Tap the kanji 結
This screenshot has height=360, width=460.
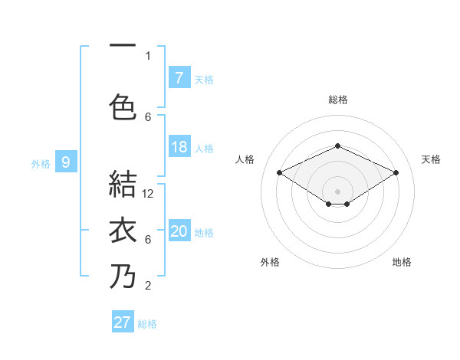123,185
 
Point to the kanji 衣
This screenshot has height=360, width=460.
123,232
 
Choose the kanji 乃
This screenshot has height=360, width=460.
123,277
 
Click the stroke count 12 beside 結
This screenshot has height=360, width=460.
149,194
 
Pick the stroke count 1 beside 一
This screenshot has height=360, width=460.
148,55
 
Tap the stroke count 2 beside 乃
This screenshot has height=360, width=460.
148,286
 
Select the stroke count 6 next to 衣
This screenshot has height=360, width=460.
148,240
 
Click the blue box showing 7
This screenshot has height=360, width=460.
179,77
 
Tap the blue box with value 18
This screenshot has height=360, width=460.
179,147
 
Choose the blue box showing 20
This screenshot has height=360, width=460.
179,231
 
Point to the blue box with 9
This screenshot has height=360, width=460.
66,162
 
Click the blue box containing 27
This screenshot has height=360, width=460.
123,322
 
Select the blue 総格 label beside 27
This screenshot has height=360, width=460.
147,324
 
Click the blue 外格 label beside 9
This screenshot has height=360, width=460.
41,163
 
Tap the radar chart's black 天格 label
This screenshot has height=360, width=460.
431,159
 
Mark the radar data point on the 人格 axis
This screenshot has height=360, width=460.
280,173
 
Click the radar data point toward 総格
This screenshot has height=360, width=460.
337,146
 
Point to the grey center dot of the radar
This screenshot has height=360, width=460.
337,189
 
